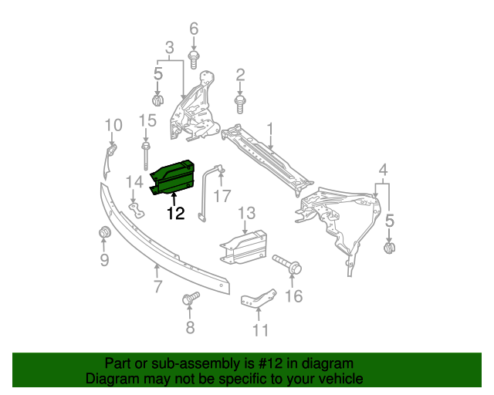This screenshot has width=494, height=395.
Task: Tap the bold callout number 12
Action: [x=176, y=213]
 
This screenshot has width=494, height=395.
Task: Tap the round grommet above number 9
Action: [x=103, y=234]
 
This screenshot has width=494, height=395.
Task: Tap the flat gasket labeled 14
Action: [x=137, y=211]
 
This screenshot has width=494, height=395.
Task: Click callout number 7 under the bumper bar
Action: [x=157, y=287]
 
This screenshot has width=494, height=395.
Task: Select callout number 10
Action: [x=113, y=124]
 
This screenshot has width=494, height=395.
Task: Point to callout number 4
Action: [x=383, y=170]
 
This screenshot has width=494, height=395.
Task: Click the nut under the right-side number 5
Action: [x=390, y=247]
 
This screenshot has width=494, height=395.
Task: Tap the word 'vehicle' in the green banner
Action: [x=339, y=379]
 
